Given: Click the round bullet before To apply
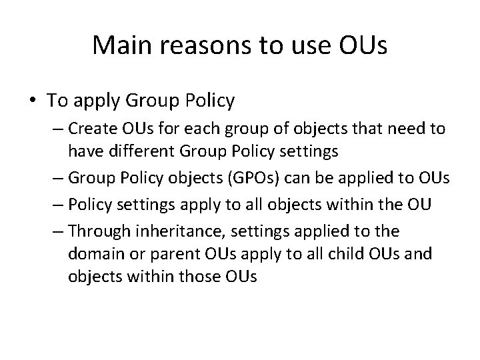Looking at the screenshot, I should coord(33,101).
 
